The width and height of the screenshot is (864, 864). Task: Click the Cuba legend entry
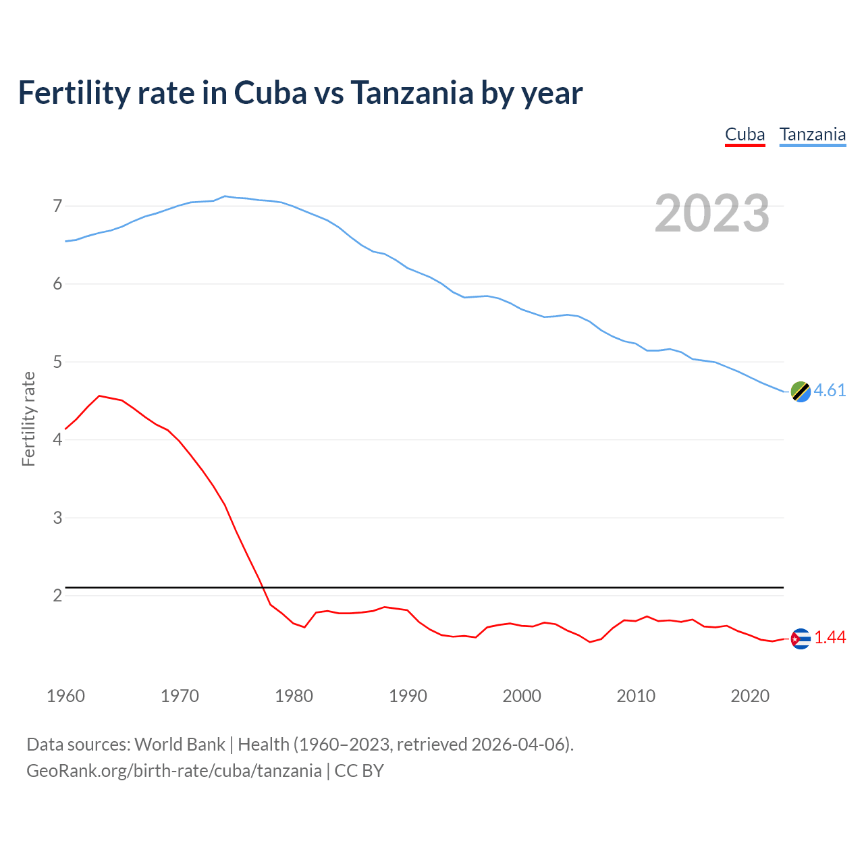[745, 134]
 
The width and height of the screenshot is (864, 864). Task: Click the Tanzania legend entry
[812, 134]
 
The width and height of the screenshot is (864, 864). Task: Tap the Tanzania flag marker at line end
[801, 391]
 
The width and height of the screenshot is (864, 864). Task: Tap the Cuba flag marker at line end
[801, 639]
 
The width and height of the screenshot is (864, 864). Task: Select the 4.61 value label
[830, 391]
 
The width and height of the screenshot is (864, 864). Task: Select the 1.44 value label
[830, 638]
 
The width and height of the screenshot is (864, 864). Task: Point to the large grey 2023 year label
[711, 213]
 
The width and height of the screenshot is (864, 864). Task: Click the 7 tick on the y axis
[57, 206]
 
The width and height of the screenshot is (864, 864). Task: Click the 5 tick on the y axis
[57, 362]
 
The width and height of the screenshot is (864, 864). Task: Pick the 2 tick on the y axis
[57, 596]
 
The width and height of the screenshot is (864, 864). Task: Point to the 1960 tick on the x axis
[65, 696]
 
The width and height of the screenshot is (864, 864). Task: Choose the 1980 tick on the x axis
[294, 696]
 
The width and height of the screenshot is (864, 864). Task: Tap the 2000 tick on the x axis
[522, 696]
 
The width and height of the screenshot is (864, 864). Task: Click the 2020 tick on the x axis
[750, 696]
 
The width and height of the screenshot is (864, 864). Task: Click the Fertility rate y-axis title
[28, 418]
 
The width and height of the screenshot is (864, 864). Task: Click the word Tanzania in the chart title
[411, 93]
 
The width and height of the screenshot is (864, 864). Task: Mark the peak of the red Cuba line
[99, 396]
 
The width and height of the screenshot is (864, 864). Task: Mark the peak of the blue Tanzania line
[225, 196]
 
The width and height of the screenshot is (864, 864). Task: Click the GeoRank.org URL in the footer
[174, 771]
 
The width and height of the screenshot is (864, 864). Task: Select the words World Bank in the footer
[180, 745]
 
